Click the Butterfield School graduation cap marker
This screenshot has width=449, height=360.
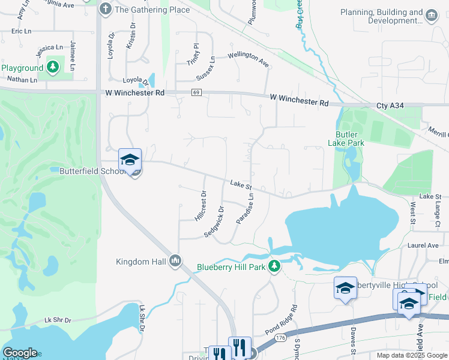[x=130, y=160]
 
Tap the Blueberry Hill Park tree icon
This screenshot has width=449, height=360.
[x=274, y=266]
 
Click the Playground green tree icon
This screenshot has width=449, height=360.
[x=53, y=66]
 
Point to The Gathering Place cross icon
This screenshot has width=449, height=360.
[x=106, y=9]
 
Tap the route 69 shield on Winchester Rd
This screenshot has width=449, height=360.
[x=197, y=92]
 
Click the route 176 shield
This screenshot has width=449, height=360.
[x=280, y=339]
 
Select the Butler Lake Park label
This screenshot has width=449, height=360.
[x=346, y=139]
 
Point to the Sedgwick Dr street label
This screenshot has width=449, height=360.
[x=214, y=221]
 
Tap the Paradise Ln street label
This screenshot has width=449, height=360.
[x=246, y=209]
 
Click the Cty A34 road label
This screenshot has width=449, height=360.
[x=391, y=106]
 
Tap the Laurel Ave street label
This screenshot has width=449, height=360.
[x=423, y=245]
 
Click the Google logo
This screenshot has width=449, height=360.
[x=20, y=353]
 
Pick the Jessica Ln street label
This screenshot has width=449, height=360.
[x=50, y=47]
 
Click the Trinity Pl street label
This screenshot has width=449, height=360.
[x=193, y=54]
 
